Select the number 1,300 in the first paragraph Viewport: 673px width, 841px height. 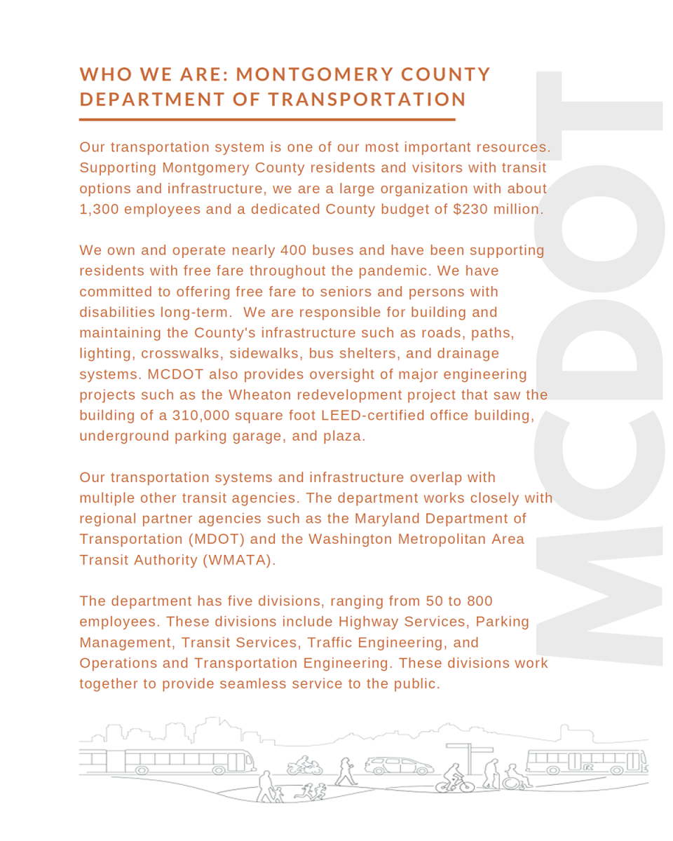100,209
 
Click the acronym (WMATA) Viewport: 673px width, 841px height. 237,561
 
